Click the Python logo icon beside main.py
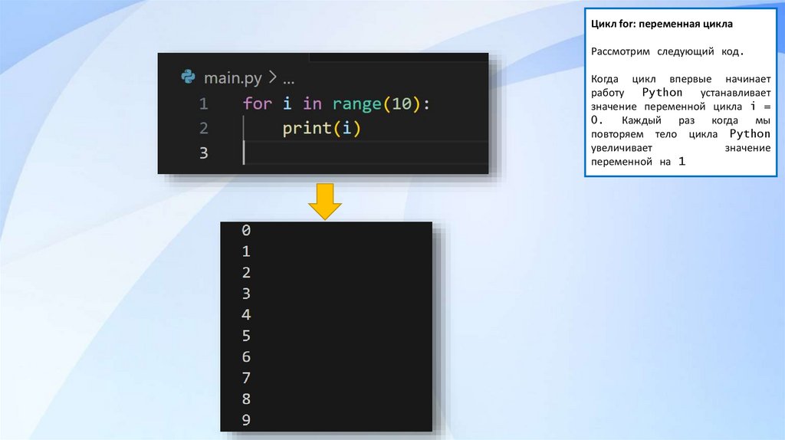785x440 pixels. click(x=188, y=77)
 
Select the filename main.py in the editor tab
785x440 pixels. click(x=232, y=78)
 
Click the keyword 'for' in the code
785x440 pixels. click(x=257, y=103)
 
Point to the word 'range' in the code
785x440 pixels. click(x=356, y=103)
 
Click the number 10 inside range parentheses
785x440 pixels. click(x=401, y=103)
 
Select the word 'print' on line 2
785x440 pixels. click(x=307, y=128)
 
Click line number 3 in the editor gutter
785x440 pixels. click(x=203, y=153)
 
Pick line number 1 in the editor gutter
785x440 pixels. click(x=203, y=103)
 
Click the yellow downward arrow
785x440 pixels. click(x=325, y=202)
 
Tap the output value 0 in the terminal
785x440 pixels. click(x=246, y=230)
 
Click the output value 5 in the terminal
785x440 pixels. click(x=246, y=336)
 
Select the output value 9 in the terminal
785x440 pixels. click(x=246, y=420)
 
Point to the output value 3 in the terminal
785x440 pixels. click(x=246, y=294)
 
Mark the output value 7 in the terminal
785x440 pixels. click(x=246, y=378)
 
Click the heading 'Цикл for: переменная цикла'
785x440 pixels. click(x=662, y=25)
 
